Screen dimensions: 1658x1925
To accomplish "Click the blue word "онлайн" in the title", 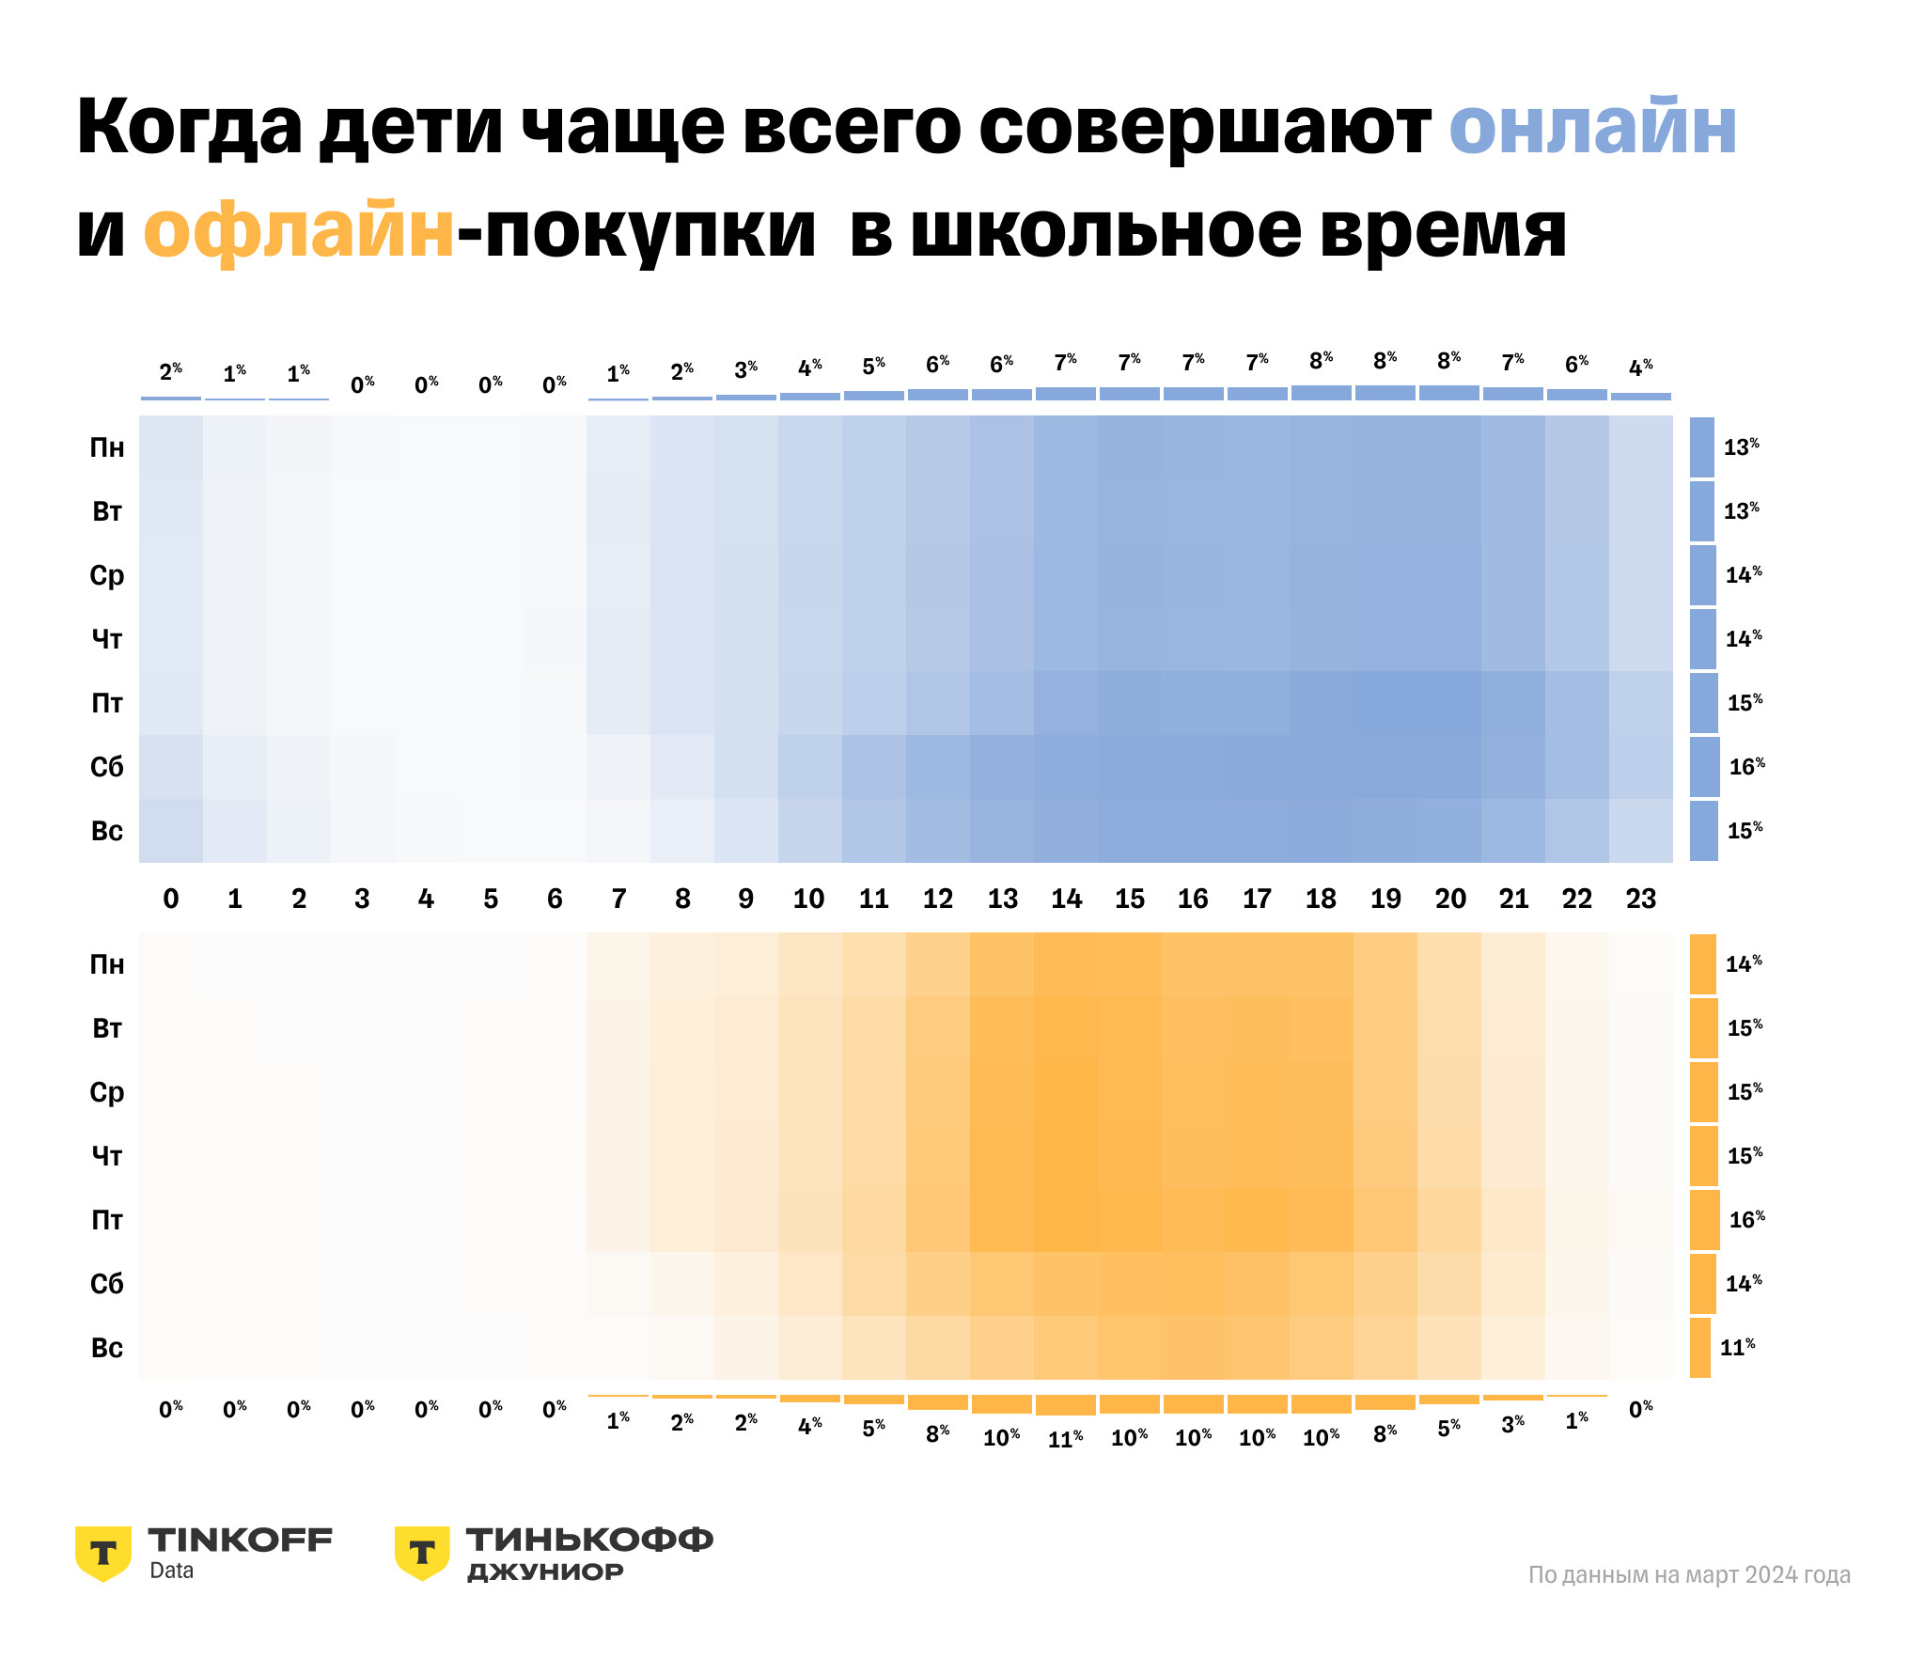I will pos(1592,128).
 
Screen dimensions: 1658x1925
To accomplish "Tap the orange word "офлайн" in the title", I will pos(299,231).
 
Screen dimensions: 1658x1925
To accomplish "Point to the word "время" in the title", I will pos(1442,231).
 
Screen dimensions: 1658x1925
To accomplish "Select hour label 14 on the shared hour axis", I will pos(1066,899).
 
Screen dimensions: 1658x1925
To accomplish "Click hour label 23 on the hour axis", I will pos(1641,899).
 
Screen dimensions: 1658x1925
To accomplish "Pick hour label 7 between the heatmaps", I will pos(618,899).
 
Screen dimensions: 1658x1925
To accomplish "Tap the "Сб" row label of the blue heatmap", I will pos(107,768).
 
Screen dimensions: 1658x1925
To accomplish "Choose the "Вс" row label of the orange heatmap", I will pos(107,1348).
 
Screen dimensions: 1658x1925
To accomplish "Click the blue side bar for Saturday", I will pos(1704,767).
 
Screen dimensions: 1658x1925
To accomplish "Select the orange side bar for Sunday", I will pos(1700,1348).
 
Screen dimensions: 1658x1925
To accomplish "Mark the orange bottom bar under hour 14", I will pos(1066,1405).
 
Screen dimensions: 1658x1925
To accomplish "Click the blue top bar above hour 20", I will pos(1449,393).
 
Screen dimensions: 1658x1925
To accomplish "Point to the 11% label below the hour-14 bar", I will pos(1066,1439).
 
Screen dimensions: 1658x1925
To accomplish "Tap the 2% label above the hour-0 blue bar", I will pos(171,372).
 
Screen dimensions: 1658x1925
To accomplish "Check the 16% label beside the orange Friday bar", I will pos(1746,1220).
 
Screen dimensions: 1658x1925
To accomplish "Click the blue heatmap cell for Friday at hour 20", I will pos(1449,703).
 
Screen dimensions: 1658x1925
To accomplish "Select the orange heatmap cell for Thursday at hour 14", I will pos(1066,1156).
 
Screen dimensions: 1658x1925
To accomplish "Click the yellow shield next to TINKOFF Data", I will pos(103,1553).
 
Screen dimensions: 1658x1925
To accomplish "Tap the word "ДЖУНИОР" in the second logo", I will pos(545,1572).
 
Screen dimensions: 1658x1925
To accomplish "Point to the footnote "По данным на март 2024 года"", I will pos(1689,1575).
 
